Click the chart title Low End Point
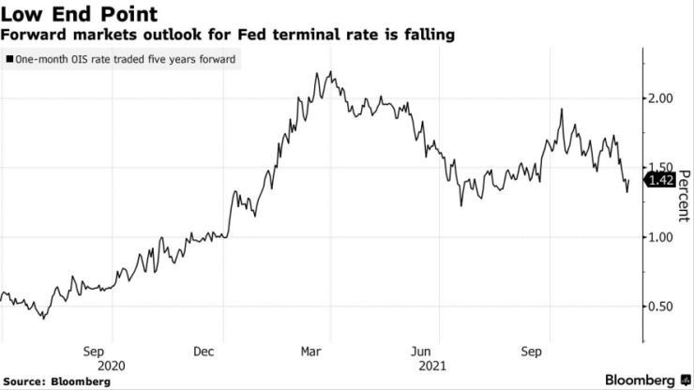coord(66,14)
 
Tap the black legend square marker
coord(9,59)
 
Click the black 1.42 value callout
coord(660,181)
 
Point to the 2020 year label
coord(111,366)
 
